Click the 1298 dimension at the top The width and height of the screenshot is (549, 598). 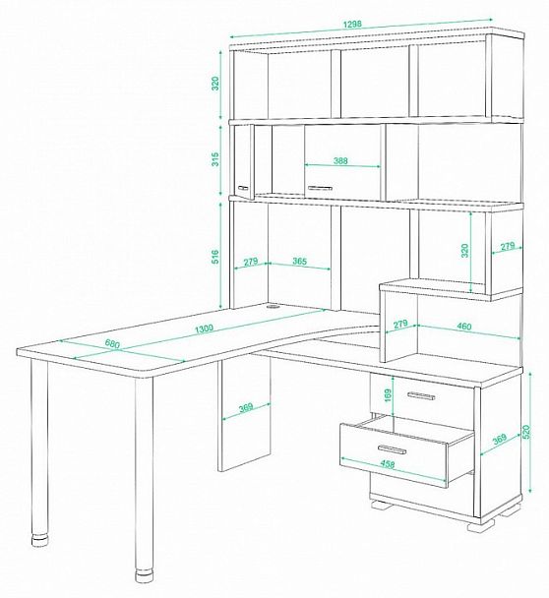pyautogui.click(x=352, y=24)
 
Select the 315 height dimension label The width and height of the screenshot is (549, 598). pyautogui.click(x=215, y=159)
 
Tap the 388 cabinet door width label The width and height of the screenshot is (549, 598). pyautogui.click(x=340, y=160)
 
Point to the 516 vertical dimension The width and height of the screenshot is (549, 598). pyautogui.click(x=215, y=257)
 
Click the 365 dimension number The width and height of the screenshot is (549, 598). pyautogui.click(x=299, y=262)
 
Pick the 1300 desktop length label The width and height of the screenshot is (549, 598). pyautogui.click(x=204, y=329)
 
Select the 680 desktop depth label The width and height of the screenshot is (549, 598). pyautogui.click(x=112, y=343)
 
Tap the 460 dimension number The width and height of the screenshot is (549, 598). pyautogui.click(x=464, y=327)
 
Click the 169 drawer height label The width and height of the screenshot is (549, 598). pyautogui.click(x=388, y=396)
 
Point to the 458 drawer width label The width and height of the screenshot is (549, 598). pyautogui.click(x=388, y=464)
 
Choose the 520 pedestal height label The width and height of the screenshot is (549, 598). pyautogui.click(x=526, y=431)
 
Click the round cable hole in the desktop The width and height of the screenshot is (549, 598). pyautogui.click(x=273, y=306)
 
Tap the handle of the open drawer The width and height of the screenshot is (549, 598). pyautogui.click(x=392, y=449)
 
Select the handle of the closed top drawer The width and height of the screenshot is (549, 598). pyautogui.click(x=421, y=396)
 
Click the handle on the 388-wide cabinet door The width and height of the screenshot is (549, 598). pyautogui.click(x=320, y=188)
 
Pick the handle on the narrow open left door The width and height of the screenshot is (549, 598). pyautogui.click(x=243, y=188)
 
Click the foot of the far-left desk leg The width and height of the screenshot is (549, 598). pyautogui.click(x=40, y=542)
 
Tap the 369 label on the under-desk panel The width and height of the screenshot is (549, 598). pyautogui.click(x=246, y=408)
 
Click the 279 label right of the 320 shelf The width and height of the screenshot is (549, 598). pyautogui.click(x=508, y=247)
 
